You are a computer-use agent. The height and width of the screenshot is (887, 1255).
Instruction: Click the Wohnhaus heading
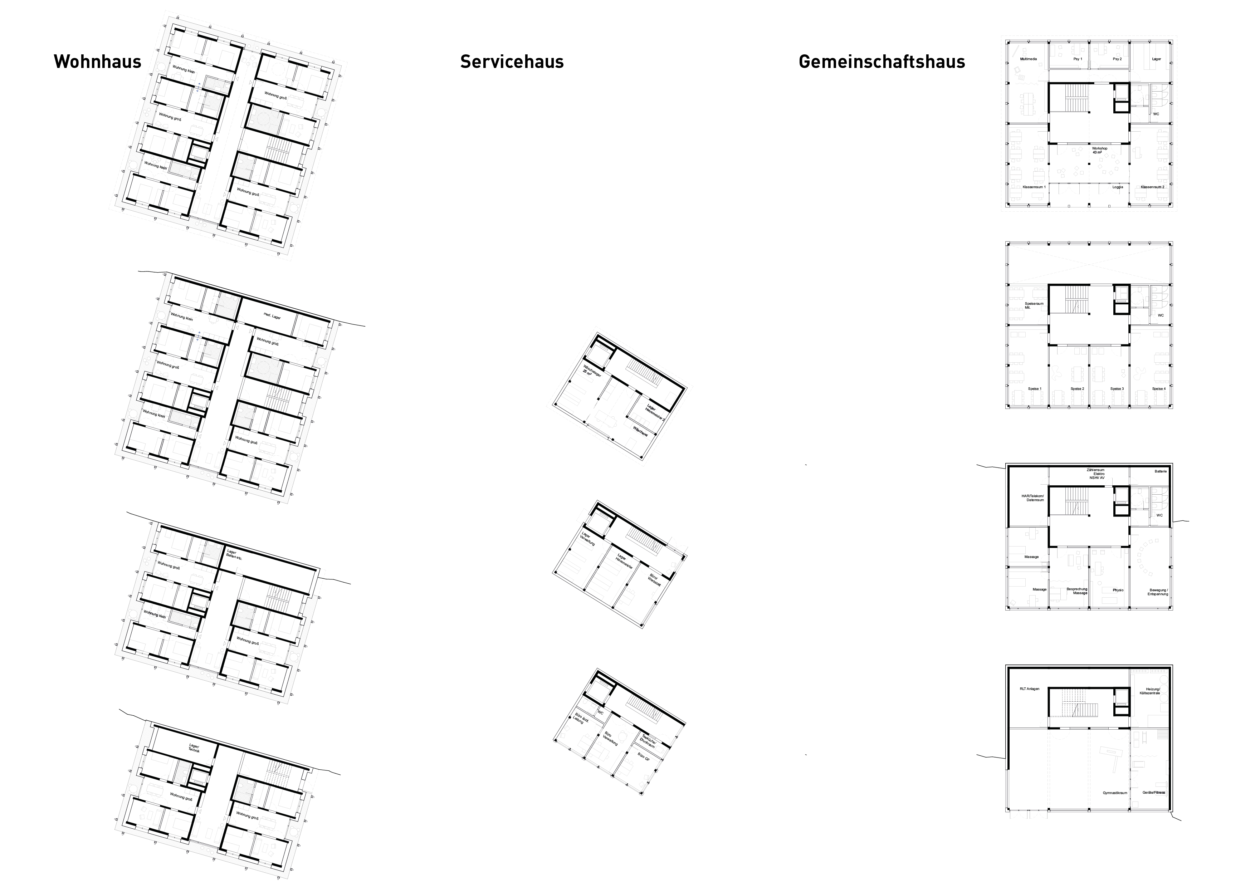pyautogui.click(x=97, y=62)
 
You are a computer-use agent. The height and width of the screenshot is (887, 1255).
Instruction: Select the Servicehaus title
pyautogui.click(x=512, y=62)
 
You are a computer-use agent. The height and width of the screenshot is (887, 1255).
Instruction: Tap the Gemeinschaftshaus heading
pyautogui.click(x=882, y=62)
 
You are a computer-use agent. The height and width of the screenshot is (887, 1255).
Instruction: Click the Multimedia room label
pyautogui.click(x=1028, y=58)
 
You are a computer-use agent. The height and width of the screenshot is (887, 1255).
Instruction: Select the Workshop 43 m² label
pyautogui.click(x=1099, y=150)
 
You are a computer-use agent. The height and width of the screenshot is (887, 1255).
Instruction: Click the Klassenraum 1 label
pyautogui.click(x=1034, y=187)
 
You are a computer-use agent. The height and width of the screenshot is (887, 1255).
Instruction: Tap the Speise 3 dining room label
pyautogui.click(x=1117, y=388)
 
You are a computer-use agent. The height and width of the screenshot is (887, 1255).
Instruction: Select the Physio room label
pyautogui.click(x=1118, y=590)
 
